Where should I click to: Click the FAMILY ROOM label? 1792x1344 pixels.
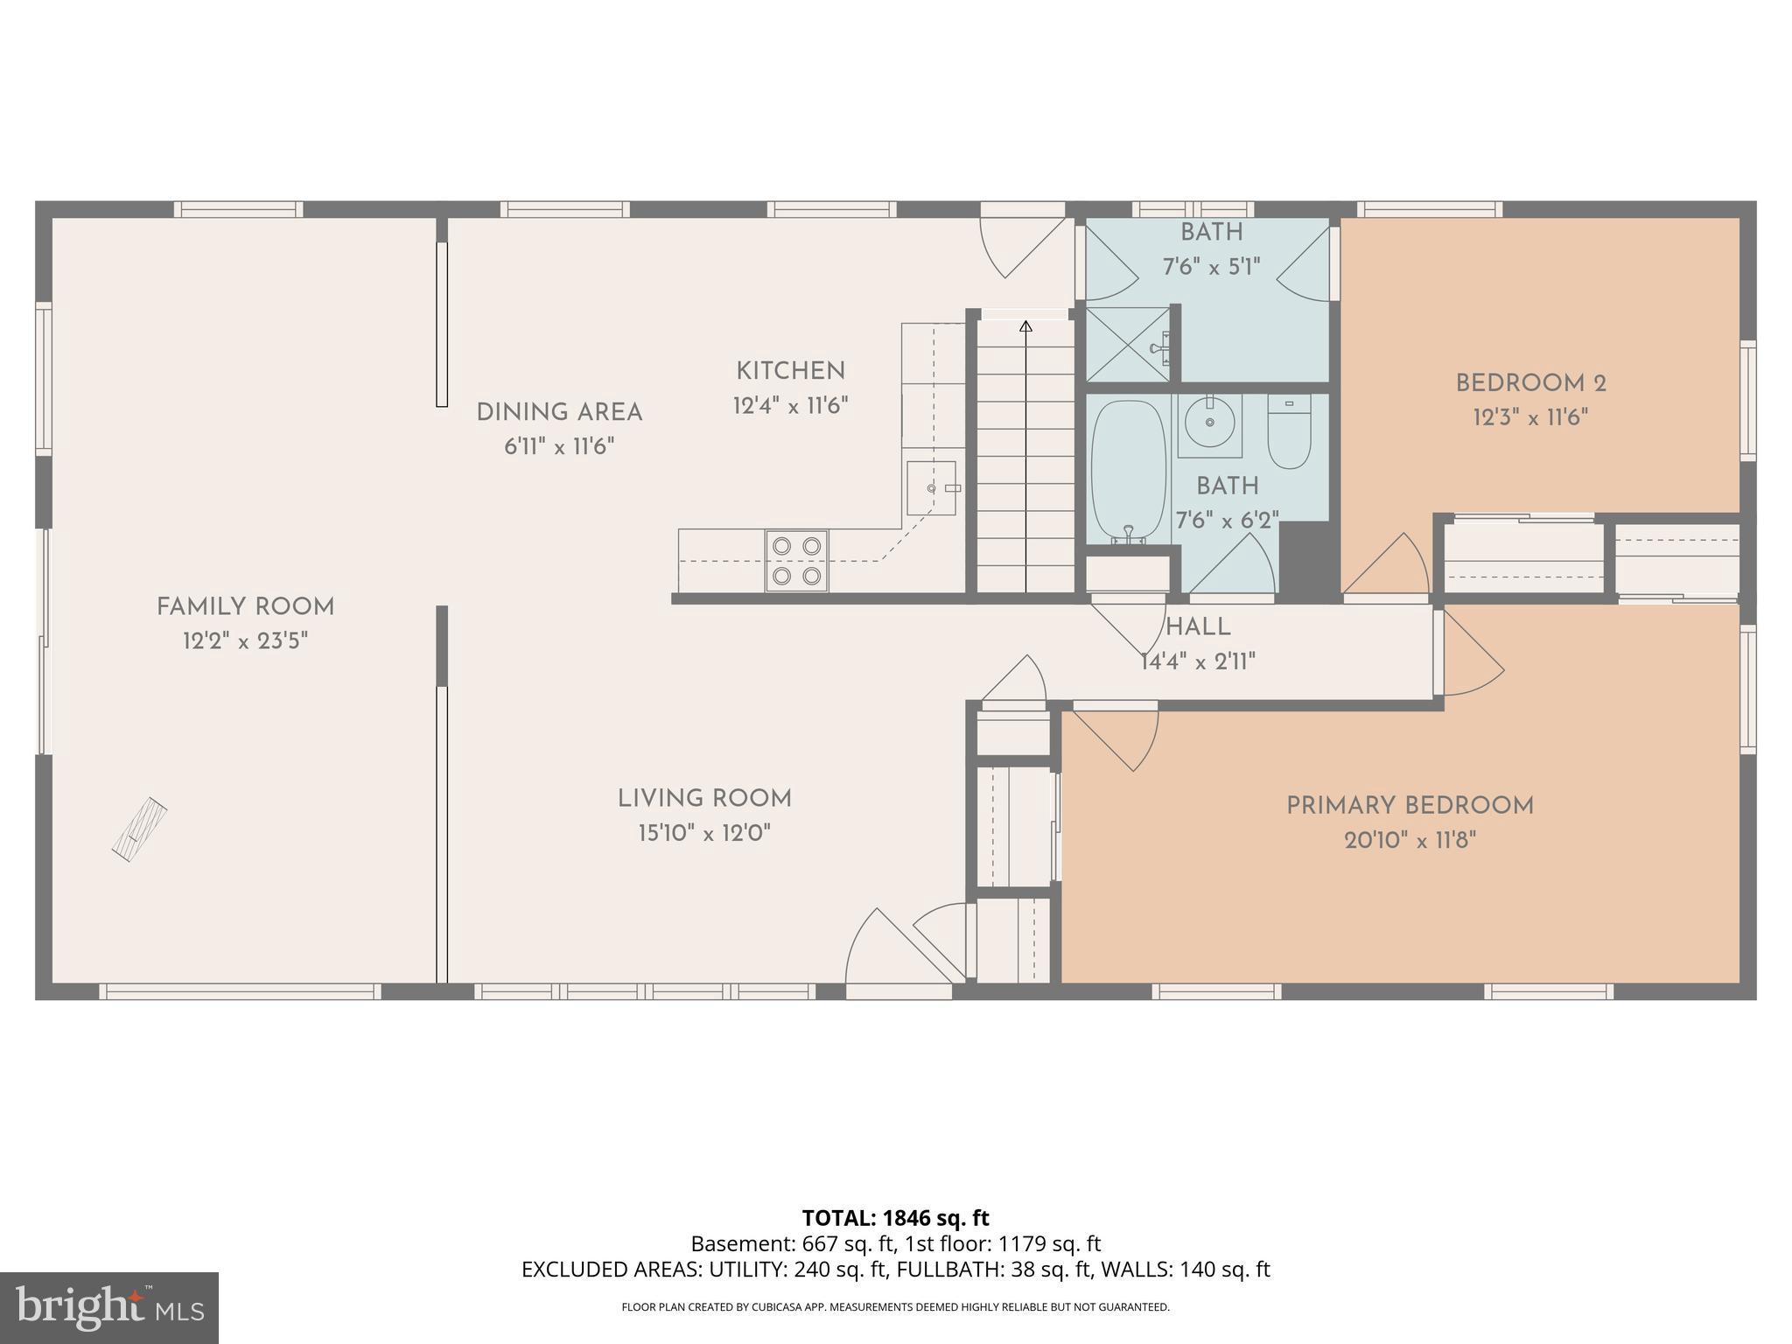245,606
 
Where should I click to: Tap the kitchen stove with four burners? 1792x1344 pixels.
796,561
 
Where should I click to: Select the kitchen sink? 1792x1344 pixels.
930,487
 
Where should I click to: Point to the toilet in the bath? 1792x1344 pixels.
1289,432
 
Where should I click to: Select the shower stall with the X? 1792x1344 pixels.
1127,344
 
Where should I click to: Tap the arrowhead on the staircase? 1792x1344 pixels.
1025,326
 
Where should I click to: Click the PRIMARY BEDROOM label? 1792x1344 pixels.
1410,806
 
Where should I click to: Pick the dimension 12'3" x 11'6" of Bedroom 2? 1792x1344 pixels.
1530,417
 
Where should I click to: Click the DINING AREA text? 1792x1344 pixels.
559,412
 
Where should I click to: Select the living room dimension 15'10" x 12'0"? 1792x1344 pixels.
704,833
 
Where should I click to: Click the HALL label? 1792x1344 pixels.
1198,626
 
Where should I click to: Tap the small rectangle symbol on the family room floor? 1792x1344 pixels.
140,829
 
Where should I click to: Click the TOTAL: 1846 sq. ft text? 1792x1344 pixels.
895,1217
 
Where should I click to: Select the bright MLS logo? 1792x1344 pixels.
108,1307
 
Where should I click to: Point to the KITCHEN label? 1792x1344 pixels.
790,371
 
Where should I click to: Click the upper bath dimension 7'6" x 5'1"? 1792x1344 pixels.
1211,267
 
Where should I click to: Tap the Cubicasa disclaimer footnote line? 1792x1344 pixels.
895,1307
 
